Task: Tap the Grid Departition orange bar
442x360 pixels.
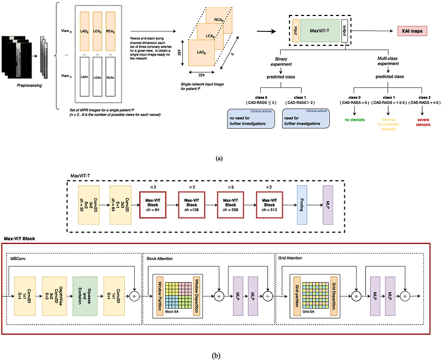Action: [334, 296]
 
